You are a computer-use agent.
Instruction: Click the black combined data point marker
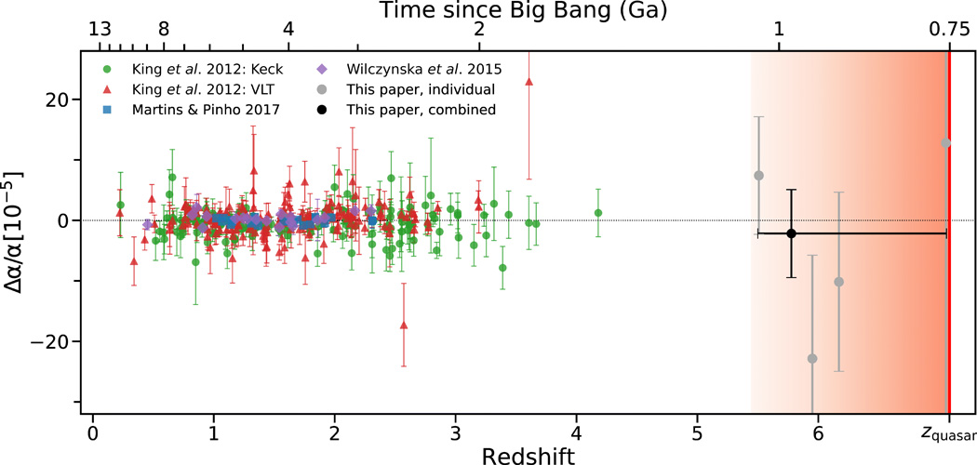click(x=791, y=233)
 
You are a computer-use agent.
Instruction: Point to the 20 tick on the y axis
click(x=59, y=100)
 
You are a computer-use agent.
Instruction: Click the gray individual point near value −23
click(x=812, y=359)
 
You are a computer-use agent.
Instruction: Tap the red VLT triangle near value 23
click(x=529, y=82)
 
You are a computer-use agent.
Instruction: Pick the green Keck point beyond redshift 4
click(x=598, y=213)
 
